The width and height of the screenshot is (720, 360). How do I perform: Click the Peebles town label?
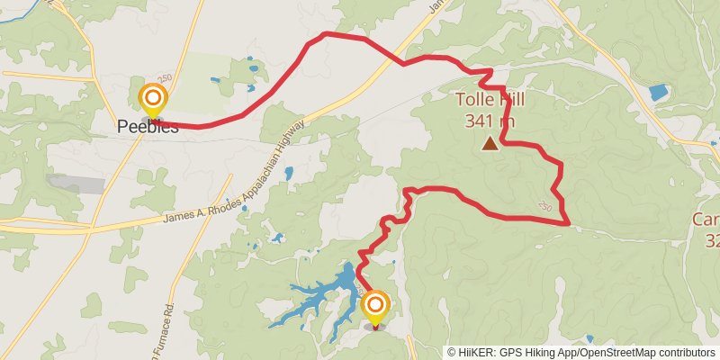click(148, 127)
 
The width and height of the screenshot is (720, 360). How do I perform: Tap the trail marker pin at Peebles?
click(153, 99)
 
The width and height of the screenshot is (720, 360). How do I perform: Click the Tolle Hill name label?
click(490, 100)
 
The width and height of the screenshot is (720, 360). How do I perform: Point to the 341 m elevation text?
click(490, 119)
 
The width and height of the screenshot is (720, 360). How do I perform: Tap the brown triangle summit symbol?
click(490, 143)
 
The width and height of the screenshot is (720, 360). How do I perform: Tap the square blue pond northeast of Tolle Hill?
click(659, 92)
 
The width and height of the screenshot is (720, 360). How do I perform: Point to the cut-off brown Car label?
click(706, 220)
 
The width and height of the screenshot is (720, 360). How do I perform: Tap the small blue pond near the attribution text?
click(589, 339)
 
